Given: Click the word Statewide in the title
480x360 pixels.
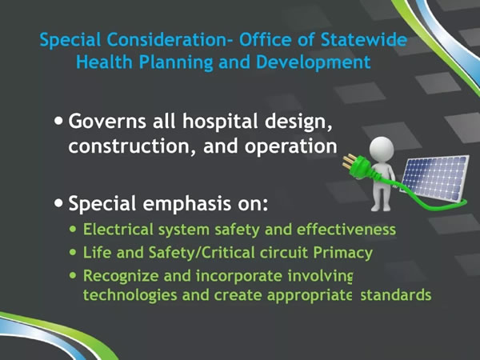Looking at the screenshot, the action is pos(364,40).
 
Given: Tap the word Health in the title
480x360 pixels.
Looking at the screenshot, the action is pos(104,62).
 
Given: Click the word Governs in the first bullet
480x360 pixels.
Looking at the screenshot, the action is pos(107,122).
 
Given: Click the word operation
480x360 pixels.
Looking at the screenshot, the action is pos(290,147).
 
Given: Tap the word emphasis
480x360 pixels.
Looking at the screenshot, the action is pos(186,204).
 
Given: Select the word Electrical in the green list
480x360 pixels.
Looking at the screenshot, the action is pos(118,229).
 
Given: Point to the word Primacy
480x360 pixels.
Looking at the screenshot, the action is pos(343,254).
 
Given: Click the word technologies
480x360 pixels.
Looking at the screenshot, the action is pos(130,296).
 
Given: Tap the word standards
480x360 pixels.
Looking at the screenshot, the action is pos(396,294).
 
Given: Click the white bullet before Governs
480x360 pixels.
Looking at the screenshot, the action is pos(58,121).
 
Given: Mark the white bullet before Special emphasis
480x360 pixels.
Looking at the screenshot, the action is pos(58,202).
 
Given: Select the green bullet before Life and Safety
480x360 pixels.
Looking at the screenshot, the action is pos(73,252).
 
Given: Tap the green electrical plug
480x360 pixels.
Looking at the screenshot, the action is pos(356,166).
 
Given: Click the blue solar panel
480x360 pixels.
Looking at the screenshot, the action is pos(435,178).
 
